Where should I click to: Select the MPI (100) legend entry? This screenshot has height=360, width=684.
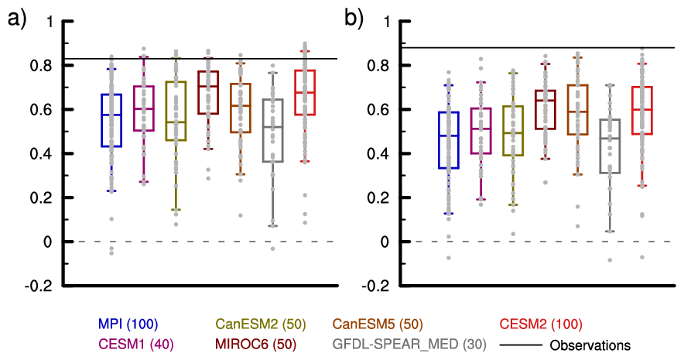[128, 324]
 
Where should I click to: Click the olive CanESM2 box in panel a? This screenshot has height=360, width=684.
[176, 110]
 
